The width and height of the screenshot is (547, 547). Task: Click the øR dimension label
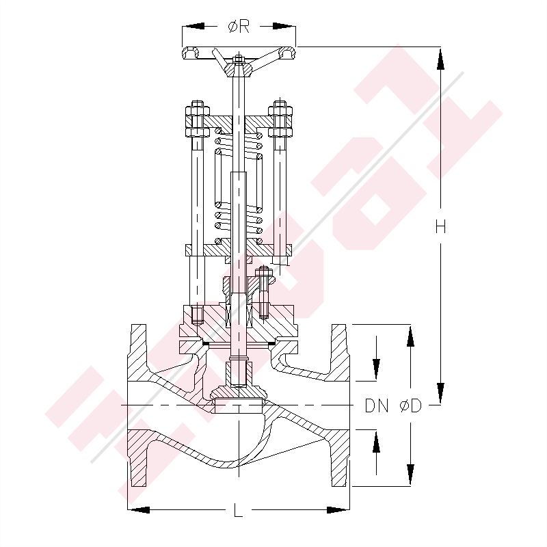click(x=239, y=27)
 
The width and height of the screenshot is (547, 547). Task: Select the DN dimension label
click(x=376, y=406)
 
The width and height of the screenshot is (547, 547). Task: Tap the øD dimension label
click(x=410, y=406)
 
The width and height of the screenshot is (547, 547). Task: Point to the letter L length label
click(x=237, y=510)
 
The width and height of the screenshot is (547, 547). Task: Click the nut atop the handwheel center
click(x=239, y=60)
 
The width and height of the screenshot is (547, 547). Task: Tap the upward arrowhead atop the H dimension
click(x=441, y=58)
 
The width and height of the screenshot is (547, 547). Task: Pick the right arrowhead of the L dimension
click(x=339, y=509)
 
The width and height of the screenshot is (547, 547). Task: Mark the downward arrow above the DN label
click(x=375, y=369)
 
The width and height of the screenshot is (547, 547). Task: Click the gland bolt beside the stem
click(x=263, y=287)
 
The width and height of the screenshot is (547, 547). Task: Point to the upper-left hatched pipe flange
click(x=139, y=352)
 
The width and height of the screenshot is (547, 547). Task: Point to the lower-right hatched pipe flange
click(x=340, y=458)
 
